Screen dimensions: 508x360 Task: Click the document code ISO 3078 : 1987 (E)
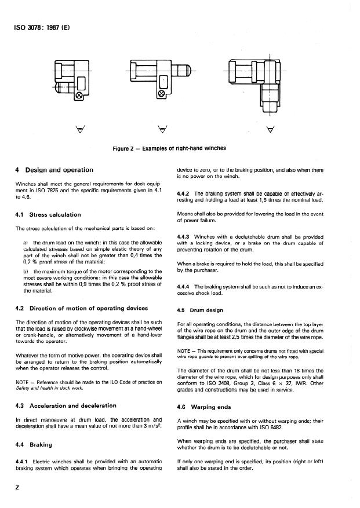38,27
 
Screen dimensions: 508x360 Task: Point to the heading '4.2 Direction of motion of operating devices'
81,308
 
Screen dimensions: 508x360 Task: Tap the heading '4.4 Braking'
33,445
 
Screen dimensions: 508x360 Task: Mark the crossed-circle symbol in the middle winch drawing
161,94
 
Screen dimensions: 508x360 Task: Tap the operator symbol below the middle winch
161,128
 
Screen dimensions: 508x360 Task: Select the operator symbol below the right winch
268,128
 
